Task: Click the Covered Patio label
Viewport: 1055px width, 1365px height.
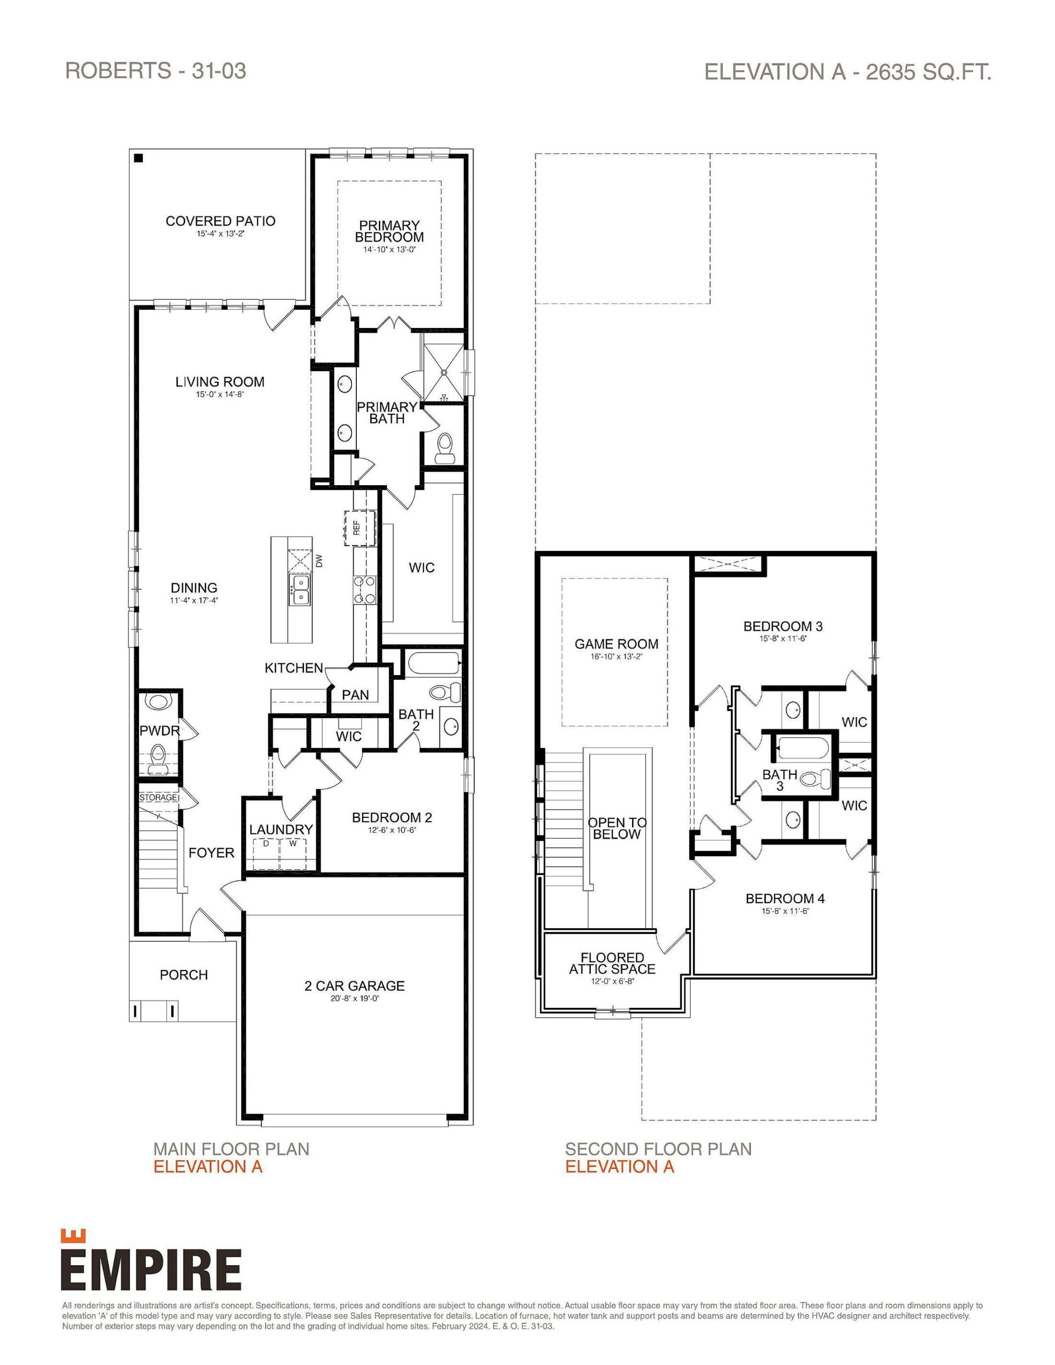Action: click(x=220, y=221)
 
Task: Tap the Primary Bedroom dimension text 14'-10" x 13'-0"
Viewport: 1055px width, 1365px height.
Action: click(x=389, y=250)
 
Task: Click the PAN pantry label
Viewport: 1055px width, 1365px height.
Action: click(x=355, y=695)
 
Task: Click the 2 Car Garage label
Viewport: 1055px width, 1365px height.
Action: click(x=354, y=985)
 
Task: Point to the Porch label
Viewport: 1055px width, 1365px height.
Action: click(x=183, y=974)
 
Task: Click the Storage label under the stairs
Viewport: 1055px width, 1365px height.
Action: click(x=157, y=798)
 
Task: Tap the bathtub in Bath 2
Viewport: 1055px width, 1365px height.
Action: click(x=434, y=664)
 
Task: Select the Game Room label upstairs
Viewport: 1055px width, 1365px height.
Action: click(x=616, y=644)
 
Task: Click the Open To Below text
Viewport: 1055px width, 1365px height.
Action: click(x=617, y=828)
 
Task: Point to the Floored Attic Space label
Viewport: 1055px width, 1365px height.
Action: click(x=612, y=963)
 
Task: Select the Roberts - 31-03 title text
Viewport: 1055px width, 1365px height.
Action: click(x=155, y=70)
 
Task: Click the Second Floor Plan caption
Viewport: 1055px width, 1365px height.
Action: click(x=658, y=1149)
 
